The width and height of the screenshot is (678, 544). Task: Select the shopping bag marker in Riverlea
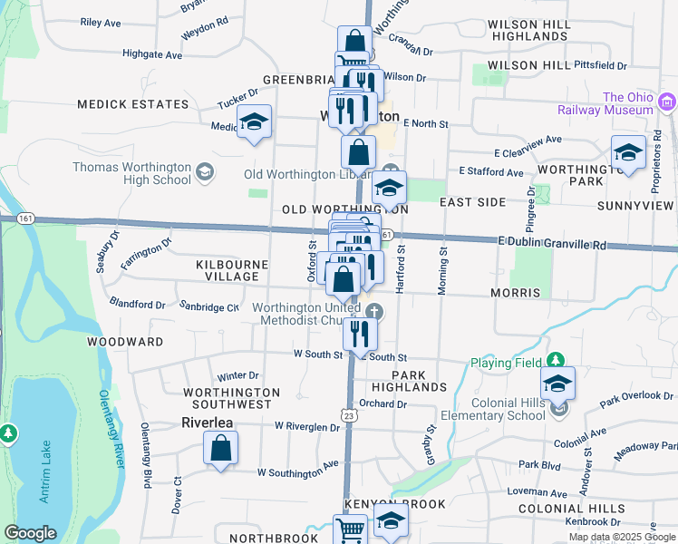click(x=220, y=449)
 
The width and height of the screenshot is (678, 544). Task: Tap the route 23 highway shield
click(x=351, y=414)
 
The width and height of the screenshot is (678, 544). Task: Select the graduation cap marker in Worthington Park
click(x=628, y=153)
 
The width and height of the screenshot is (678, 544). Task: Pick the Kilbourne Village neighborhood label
click(x=232, y=270)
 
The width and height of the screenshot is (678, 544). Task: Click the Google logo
click(x=30, y=533)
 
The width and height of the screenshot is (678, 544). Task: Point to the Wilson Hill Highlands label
click(x=539, y=30)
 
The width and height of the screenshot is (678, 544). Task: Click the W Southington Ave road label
click(x=297, y=472)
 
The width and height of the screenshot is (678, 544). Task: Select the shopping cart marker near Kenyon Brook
click(x=350, y=531)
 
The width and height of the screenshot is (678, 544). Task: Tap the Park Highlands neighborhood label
click(x=420, y=381)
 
